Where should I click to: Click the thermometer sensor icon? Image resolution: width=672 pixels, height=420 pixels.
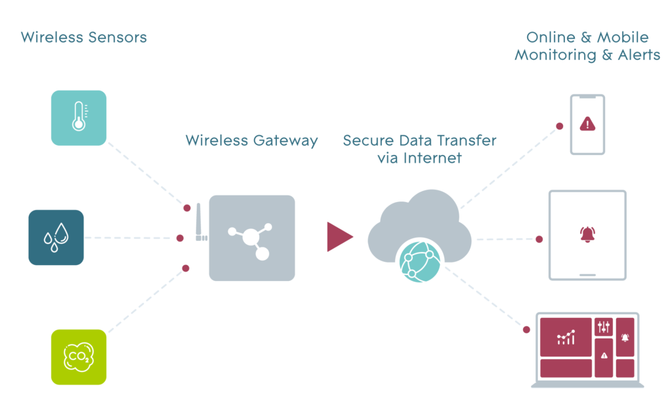click(79, 117)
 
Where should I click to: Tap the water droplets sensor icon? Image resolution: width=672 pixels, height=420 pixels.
click(56, 237)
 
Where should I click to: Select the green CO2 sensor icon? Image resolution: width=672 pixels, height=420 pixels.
click(78, 356)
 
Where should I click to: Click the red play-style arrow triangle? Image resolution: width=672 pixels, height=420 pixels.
click(338, 237)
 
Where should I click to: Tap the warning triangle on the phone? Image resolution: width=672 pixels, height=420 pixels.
click(587, 123)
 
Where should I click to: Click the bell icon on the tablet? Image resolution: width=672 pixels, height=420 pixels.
click(587, 234)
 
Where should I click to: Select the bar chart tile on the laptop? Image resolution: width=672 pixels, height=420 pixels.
click(566, 337)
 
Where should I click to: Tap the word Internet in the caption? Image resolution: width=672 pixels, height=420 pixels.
click(433, 157)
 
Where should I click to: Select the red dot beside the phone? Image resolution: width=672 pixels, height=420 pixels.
click(560, 125)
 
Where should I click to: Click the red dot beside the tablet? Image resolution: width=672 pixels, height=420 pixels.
click(539, 239)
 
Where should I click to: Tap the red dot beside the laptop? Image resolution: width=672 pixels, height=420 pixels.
click(526, 329)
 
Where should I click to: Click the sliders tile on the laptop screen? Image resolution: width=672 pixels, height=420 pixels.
click(604, 326)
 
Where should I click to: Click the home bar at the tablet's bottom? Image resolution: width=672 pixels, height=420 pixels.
click(587, 275)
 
